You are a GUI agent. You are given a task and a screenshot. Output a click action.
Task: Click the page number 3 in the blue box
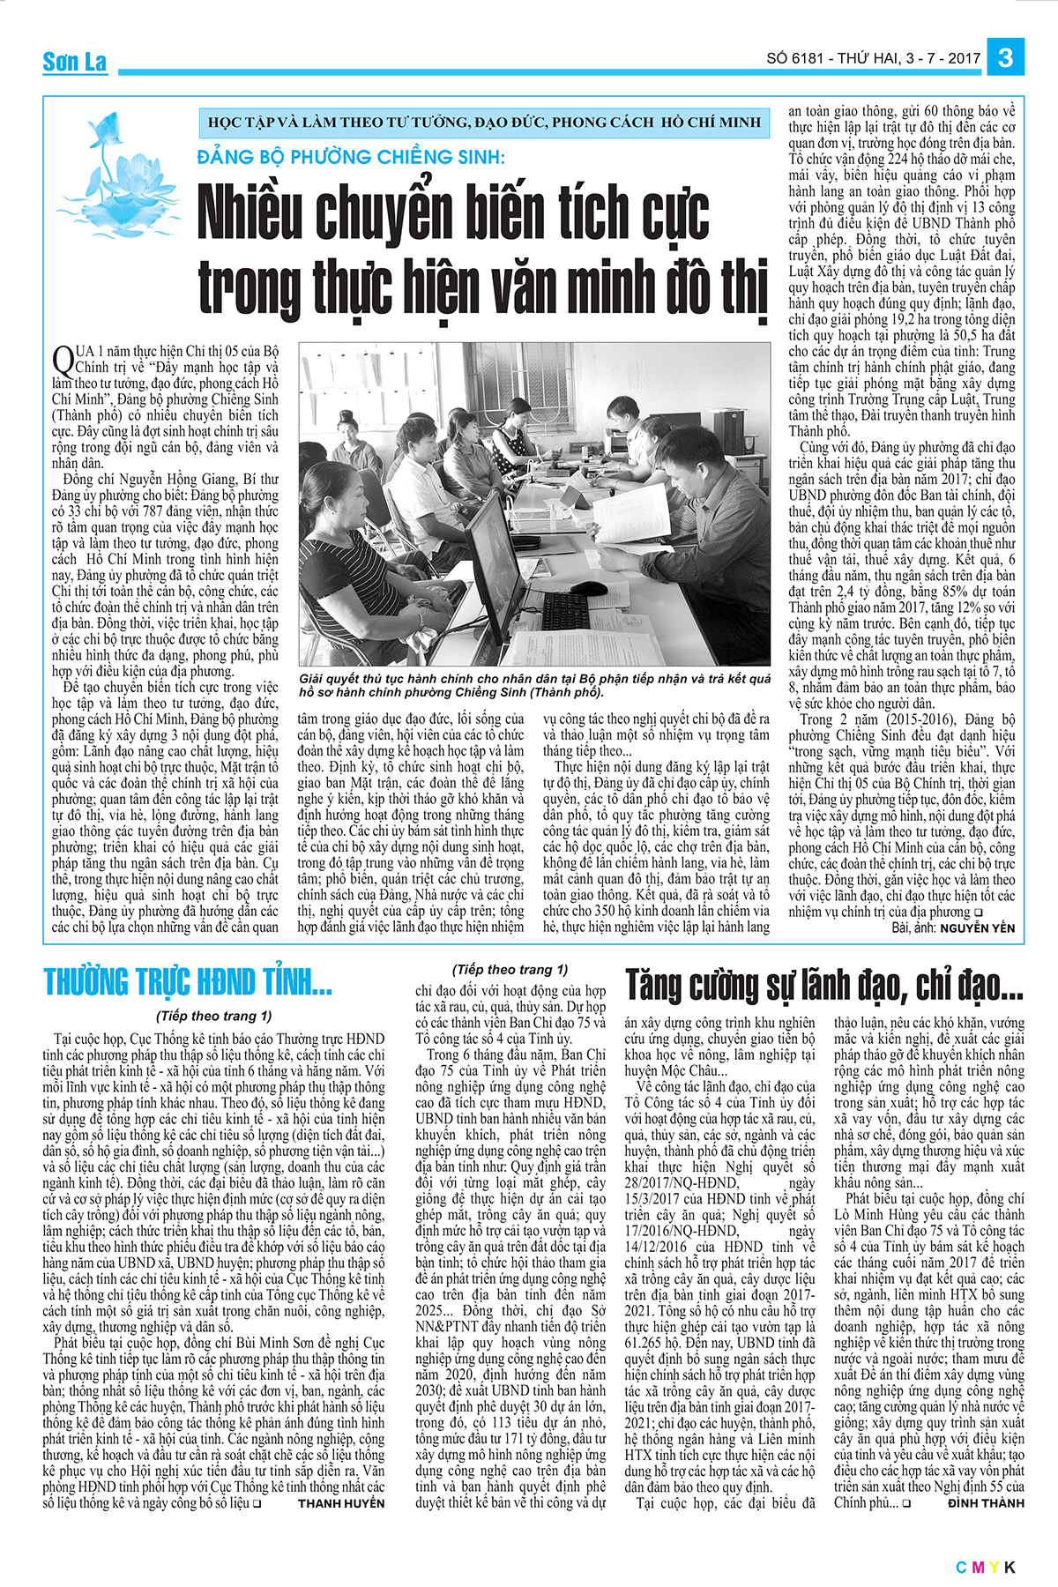tap(1005, 58)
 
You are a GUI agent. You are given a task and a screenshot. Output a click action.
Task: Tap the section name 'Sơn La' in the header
tap(75, 62)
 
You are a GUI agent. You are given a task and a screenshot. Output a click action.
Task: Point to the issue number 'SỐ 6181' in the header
tap(794, 58)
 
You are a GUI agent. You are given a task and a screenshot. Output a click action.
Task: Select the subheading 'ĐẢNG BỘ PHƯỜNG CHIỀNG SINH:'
tap(351, 158)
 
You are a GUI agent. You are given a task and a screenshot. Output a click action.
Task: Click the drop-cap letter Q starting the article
tap(63, 360)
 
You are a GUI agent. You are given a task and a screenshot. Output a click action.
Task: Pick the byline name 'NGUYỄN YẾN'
tap(977, 928)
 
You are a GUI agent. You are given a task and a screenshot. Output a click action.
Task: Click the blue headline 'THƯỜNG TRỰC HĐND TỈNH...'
tap(188, 981)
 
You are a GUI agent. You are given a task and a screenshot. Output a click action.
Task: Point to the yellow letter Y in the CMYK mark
tap(993, 1567)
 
